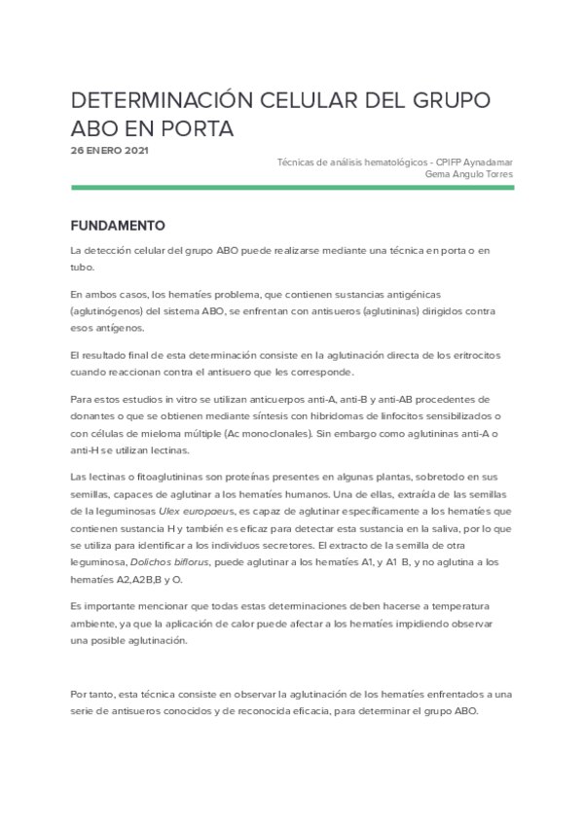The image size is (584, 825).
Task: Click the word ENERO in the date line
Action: (x=103, y=151)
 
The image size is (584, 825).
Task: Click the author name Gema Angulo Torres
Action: (x=470, y=174)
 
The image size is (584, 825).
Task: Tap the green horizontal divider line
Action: (x=292, y=188)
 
